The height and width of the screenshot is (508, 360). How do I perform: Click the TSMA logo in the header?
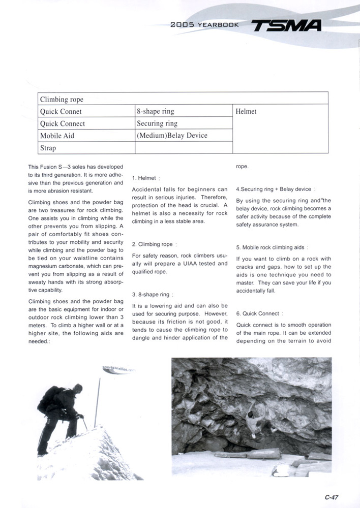[x=287, y=25]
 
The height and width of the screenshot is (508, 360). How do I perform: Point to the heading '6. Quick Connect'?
[x=259, y=313]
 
